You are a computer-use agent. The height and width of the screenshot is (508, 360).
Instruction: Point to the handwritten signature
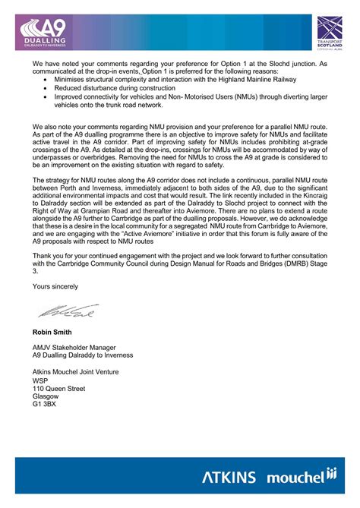pos(54,311)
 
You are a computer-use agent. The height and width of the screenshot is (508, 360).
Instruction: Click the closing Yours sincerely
pos(57,286)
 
